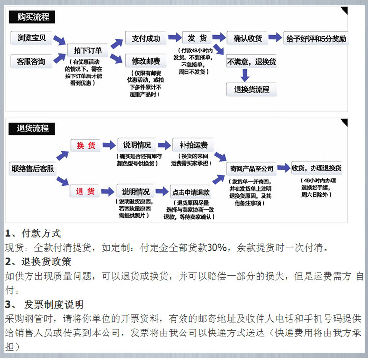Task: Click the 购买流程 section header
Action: point(32,17)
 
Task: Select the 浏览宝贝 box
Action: point(31,38)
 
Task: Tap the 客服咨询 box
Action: point(31,62)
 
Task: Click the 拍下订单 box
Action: point(87,51)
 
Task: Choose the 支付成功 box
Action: point(146,38)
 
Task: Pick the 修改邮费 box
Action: point(146,62)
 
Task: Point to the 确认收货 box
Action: point(247,38)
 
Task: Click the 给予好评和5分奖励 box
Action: point(316,38)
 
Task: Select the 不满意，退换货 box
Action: point(251,62)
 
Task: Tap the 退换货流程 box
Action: point(251,89)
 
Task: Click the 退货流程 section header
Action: point(32,129)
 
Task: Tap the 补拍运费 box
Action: point(193,145)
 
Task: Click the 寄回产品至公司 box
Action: point(251,169)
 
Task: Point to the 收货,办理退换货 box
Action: point(316,168)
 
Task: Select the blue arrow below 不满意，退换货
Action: point(245,75)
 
